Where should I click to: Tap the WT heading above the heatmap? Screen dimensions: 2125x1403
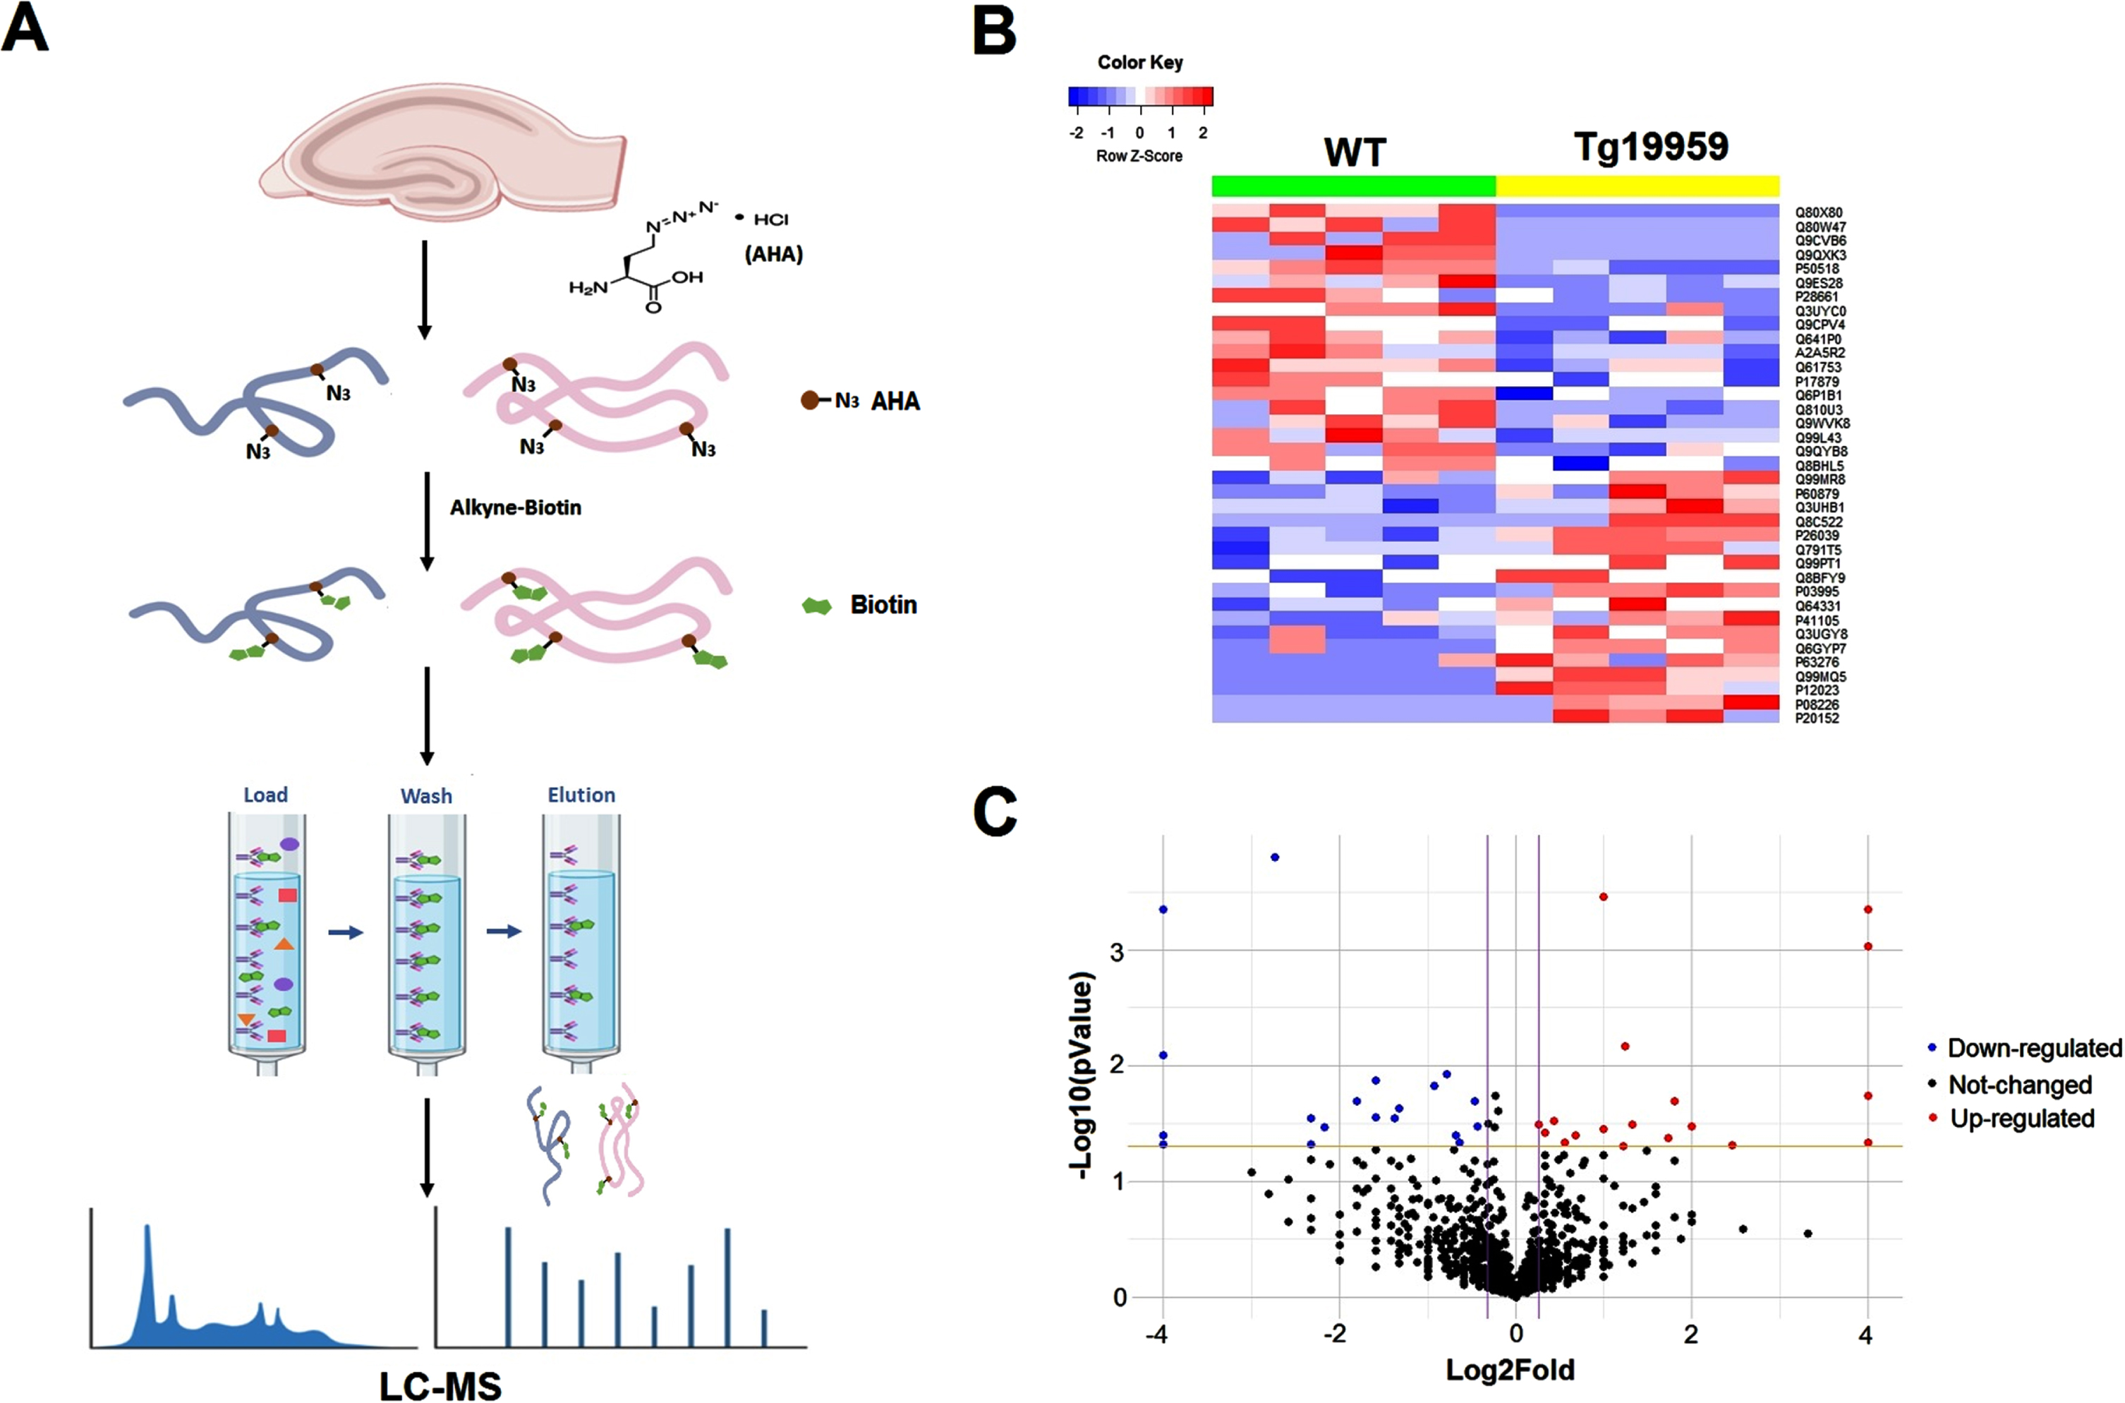1355,152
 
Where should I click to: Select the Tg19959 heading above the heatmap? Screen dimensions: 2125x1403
1651,147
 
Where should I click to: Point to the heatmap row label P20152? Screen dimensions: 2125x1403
1817,718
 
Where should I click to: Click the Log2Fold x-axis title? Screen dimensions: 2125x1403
1510,1370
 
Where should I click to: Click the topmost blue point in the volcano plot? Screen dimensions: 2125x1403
1274,857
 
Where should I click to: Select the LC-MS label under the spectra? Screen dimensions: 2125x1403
440,1385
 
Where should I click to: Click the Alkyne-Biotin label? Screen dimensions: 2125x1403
515,507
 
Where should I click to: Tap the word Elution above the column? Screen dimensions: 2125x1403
581,795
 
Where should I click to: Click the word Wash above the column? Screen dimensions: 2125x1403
427,795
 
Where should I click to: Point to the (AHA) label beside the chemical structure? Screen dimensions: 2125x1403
774,254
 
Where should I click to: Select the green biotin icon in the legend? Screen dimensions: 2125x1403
816,606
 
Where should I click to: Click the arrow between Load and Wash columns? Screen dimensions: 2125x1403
346,932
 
